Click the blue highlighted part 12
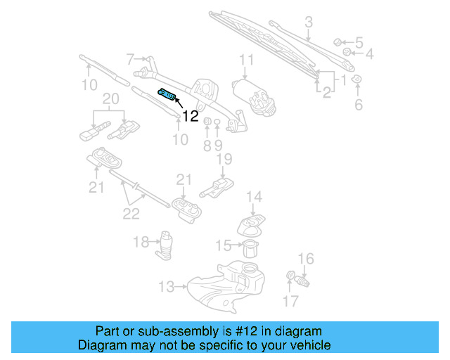coord(167,95)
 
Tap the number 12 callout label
coord(191,117)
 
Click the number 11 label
coord(246,59)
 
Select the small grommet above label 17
coord(290,275)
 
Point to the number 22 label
coord(131,213)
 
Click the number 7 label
coord(130,58)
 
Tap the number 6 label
coord(359,105)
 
